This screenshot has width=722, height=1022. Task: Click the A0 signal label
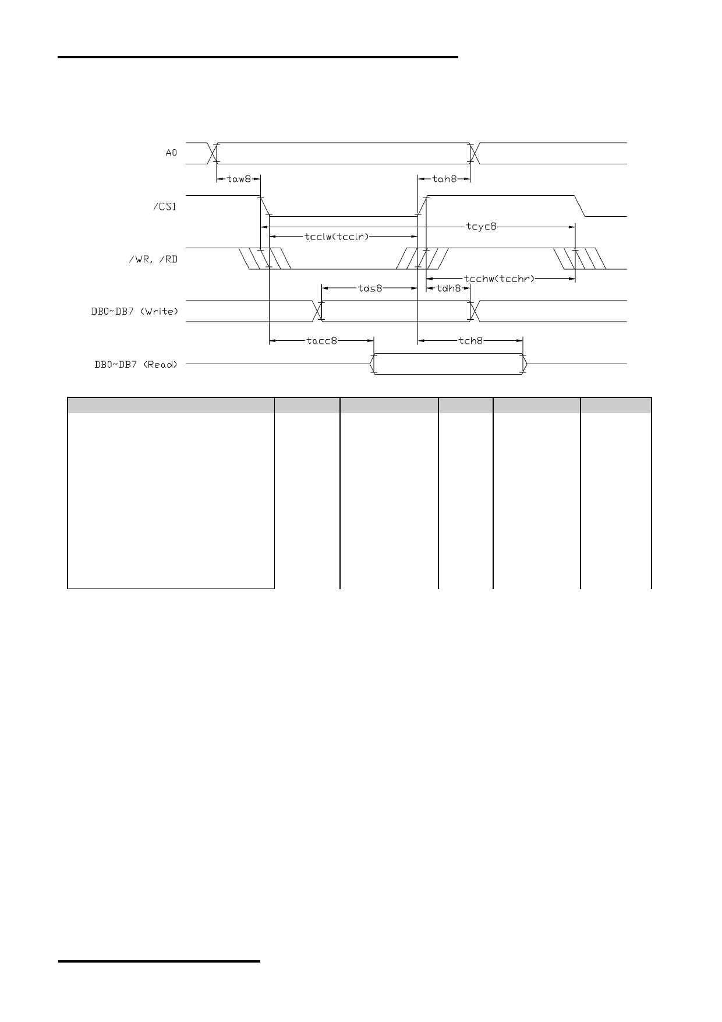pos(171,153)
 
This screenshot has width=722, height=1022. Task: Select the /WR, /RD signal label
pos(153,259)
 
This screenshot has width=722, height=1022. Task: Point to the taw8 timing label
pos(238,179)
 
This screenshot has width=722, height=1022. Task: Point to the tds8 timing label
pos(370,288)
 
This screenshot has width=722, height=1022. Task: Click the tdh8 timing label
pos(448,288)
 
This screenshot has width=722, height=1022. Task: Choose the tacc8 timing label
pos(321,340)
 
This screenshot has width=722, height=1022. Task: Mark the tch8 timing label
pos(470,340)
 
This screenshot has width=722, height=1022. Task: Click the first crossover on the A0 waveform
pos(213,153)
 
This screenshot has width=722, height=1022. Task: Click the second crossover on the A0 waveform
pos(473,153)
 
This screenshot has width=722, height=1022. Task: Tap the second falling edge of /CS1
pos(580,206)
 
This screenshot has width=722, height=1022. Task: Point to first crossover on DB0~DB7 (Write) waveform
pos(317,311)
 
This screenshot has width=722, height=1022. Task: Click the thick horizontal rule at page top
pos(258,57)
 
